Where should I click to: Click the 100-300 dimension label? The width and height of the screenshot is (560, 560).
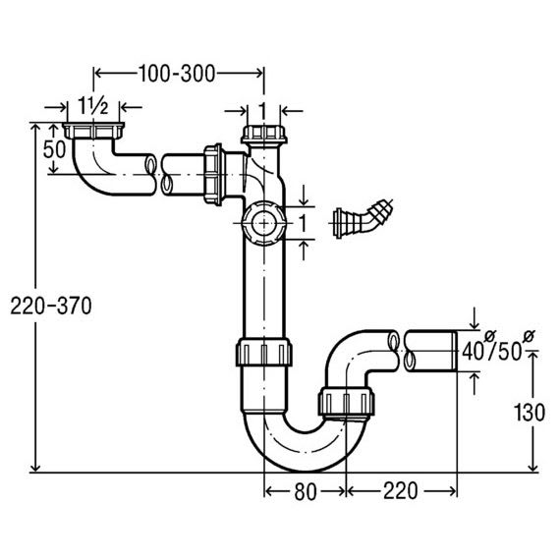[177, 74]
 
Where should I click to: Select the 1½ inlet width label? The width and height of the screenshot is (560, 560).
[93, 106]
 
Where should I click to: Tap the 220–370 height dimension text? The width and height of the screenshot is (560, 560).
[51, 307]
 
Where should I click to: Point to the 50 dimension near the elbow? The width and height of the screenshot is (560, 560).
[54, 149]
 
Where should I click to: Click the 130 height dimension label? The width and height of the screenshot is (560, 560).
[530, 413]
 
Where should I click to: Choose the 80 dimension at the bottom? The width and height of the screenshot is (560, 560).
[306, 491]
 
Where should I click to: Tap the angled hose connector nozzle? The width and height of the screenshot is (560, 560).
[364, 218]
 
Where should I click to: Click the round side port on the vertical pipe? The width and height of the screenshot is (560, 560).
[264, 224]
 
